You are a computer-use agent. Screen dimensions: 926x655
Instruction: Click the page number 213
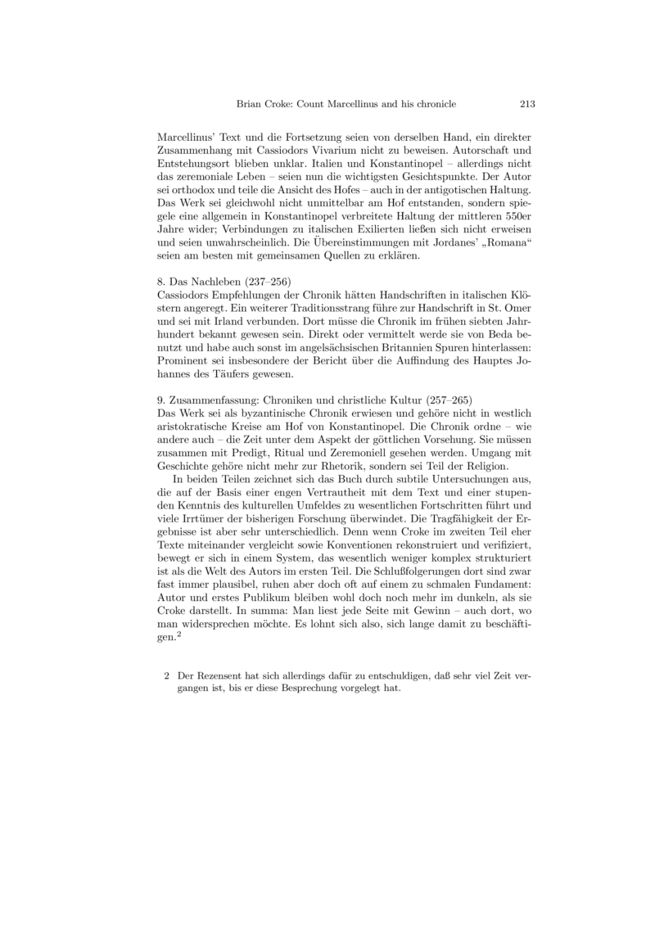tap(527, 104)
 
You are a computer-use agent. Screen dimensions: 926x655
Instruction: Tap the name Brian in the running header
tap(250, 104)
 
